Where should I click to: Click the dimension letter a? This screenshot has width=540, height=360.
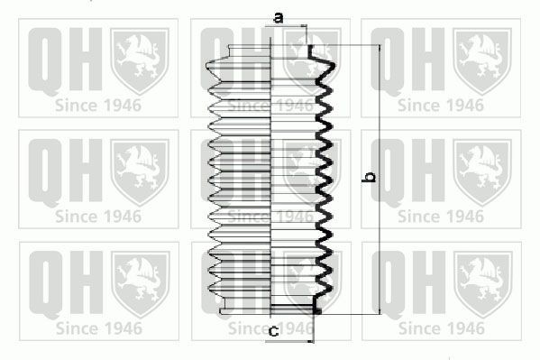(x=279, y=17)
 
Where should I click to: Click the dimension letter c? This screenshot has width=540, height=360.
(x=273, y=331)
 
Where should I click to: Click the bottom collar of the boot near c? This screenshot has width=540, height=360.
(x=270, y=310)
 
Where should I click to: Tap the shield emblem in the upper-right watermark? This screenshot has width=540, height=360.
(x=481, y=59)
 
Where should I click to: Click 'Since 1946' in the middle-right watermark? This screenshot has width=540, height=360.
(x=440, y=216)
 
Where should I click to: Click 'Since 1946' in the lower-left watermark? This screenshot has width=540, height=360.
(x=97, y=328)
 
